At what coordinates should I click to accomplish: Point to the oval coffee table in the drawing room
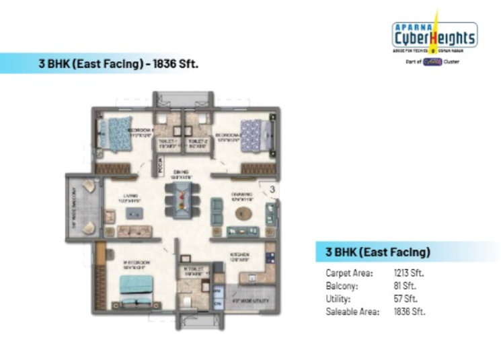click(243, 213)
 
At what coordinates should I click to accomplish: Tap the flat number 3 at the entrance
click(272, 190)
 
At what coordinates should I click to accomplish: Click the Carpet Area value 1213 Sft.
click(409, 274)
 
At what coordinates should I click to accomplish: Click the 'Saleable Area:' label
click(352, 312)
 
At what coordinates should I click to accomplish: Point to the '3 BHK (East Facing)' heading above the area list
click(377, 252)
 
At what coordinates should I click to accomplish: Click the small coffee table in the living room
click(131, 213)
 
